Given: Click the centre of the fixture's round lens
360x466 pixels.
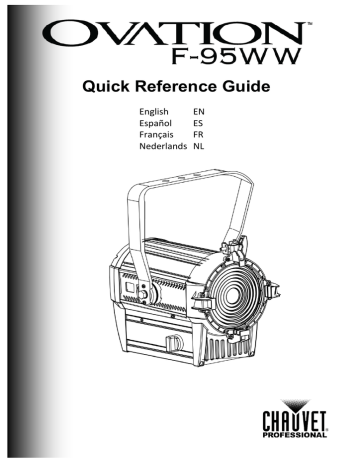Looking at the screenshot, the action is [229, 291].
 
